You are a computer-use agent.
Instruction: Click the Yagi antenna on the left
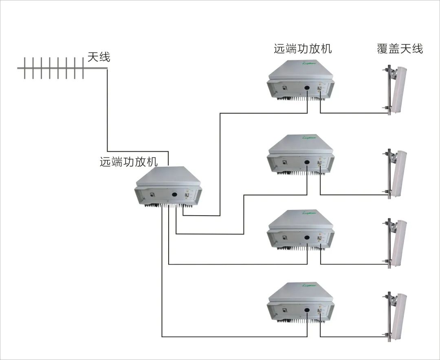click(51, 68)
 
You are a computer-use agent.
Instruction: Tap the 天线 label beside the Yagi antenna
click(99, 57)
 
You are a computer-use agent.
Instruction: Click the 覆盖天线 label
click(400, 49)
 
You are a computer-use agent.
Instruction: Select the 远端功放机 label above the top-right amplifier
click(303, 49)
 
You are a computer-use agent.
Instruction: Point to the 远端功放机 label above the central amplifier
click(128, 162)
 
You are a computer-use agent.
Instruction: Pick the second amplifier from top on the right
click(301, 155)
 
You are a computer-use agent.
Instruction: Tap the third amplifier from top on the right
click(301, 230)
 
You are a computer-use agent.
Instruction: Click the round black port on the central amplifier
click(174, 194)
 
